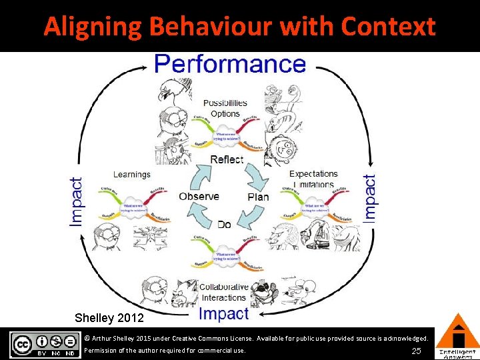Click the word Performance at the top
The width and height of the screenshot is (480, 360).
coord(230,65)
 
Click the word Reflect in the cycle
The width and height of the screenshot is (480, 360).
coord(227,159)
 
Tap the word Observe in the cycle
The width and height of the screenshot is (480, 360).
coord(199,196)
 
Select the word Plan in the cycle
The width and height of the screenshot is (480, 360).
coord(258,197)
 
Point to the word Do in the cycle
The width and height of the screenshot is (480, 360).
coord(224,225)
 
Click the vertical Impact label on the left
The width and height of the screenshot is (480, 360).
coord(77,201)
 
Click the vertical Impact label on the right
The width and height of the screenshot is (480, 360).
coord(370,197)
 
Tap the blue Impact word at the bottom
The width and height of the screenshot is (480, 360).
coord(223,313)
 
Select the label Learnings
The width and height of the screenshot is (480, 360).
coord(132,175)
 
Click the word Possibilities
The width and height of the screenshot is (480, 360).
coord(225,103)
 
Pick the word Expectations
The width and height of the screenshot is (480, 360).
coord(313,174)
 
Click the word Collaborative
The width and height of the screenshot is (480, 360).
coord(224,287)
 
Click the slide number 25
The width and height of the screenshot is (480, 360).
coord(417,351)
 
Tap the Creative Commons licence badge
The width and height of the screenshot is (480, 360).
coord(44,344)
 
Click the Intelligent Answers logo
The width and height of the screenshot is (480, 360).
coord(457,337)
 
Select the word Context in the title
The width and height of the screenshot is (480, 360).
coord(388,27)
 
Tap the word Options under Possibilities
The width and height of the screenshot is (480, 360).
coord(225,113)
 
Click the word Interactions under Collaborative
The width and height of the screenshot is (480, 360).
coord(224,297)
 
